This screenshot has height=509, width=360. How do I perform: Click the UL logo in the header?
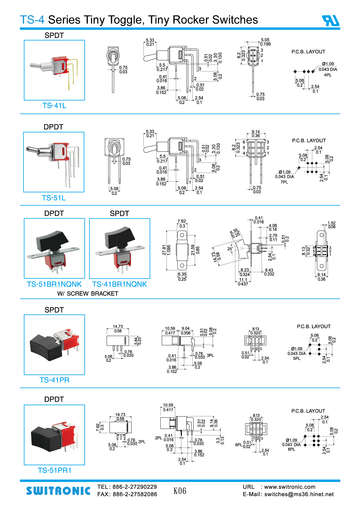(x=331, y=21)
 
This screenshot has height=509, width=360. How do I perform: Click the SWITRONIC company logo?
(x=58, y=491)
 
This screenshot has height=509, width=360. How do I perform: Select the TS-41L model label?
(x=54, y=106)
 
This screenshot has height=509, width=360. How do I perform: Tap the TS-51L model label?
(x=54, y=198)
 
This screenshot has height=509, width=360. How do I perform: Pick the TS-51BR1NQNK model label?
(x=54, y=284)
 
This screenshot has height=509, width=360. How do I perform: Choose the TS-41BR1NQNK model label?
(x=119, y=284)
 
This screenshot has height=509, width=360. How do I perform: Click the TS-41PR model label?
(x=54, y=380)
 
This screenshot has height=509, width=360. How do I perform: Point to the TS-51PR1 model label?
(x=55, y=470)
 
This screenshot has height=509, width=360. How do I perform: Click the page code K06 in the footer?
(x=180, y=491)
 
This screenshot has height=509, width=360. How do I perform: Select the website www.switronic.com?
(x=289, y=487)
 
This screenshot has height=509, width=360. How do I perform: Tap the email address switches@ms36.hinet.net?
(x=299, y=494)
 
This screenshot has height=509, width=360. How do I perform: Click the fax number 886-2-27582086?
(x=135, y=494)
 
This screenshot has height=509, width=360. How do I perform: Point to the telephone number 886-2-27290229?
(x=135, y=487)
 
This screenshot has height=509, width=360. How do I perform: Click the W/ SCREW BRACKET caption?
(x=88, y=294)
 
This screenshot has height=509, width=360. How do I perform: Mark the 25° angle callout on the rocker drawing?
(x=230, y=249)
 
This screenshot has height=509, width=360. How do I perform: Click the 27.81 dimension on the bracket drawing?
(x=164, y=250)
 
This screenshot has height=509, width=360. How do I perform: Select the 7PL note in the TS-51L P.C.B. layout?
(x=284, y=182)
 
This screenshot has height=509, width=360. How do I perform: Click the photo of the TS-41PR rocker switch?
(x=54, y=345)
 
